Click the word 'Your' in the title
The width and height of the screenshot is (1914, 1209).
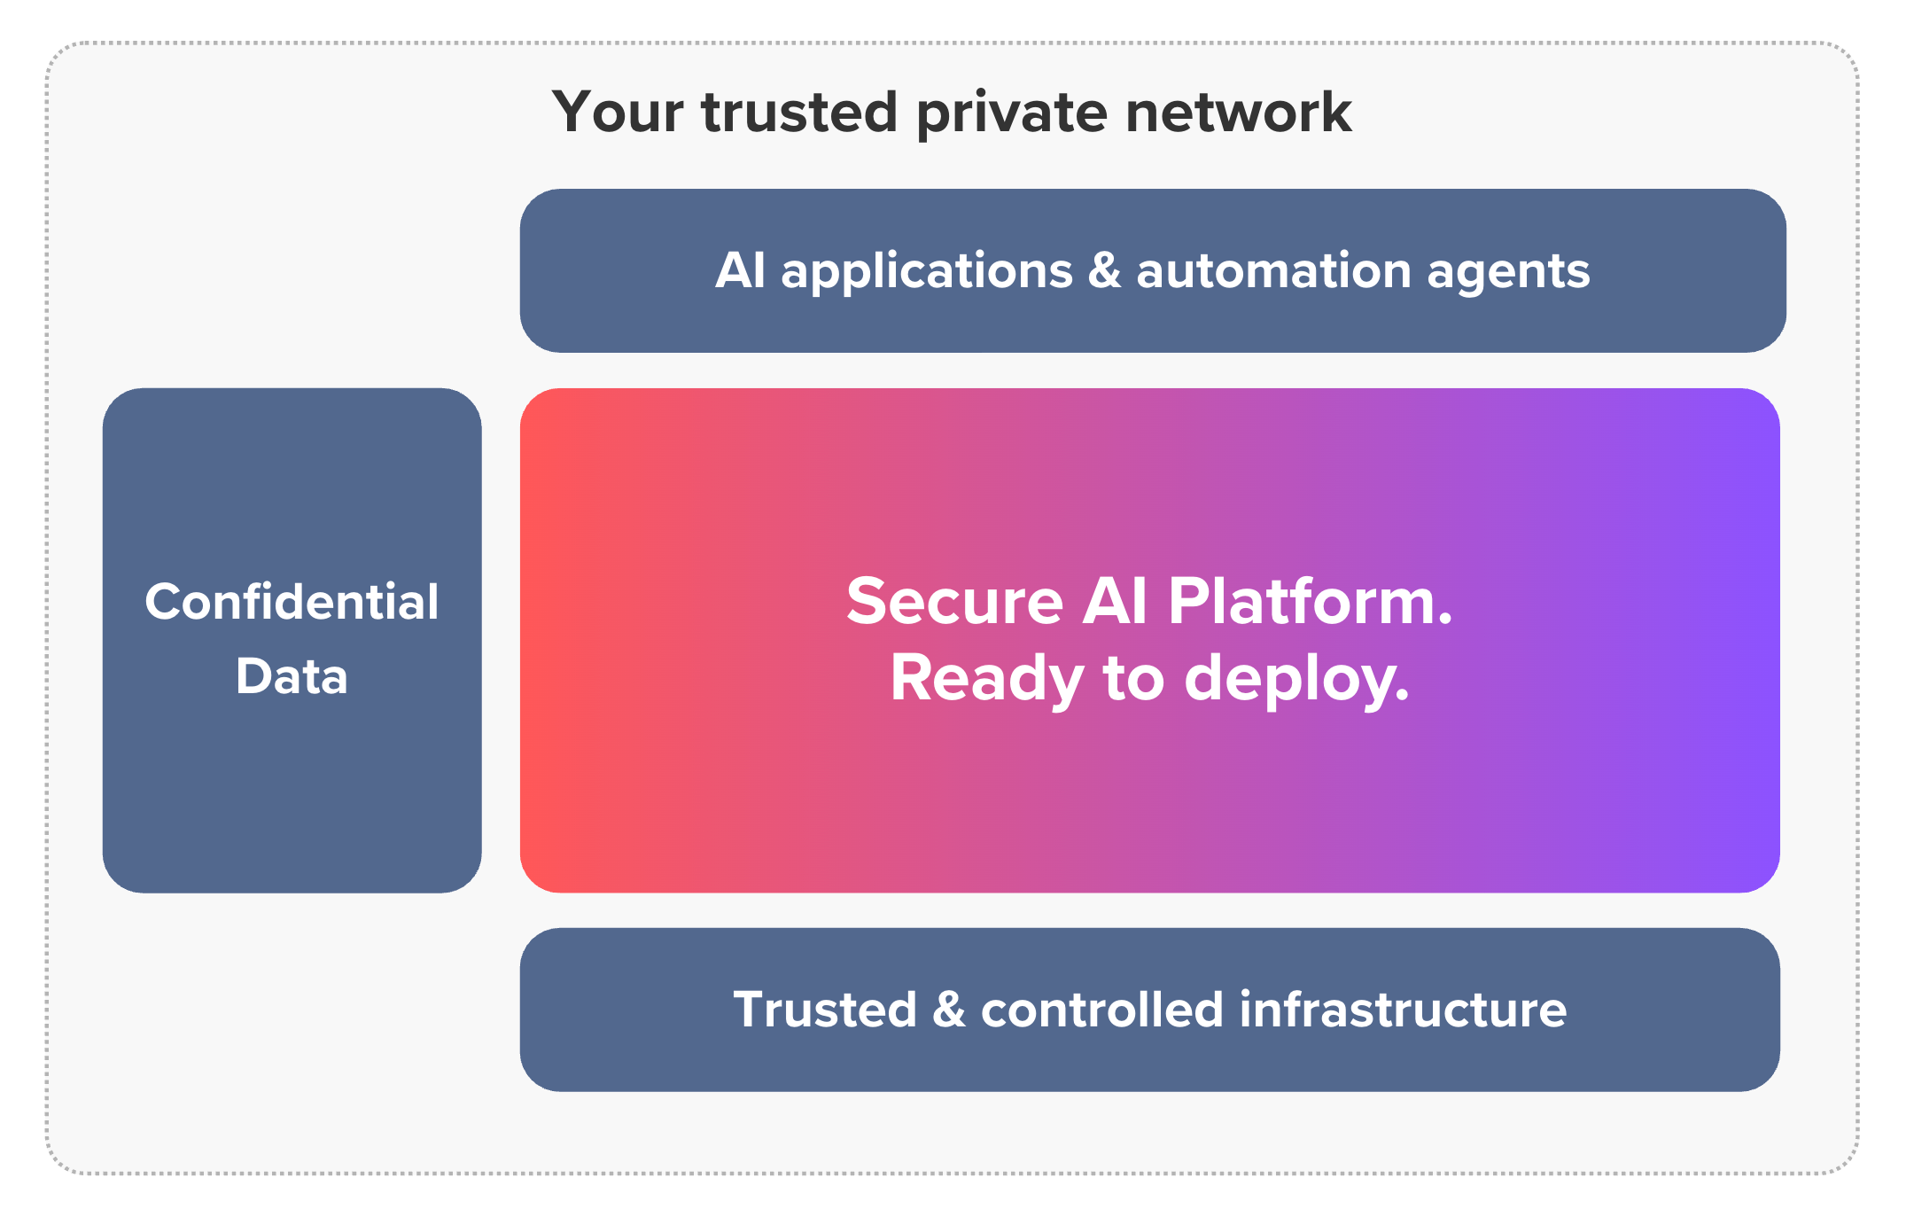coord(618,113)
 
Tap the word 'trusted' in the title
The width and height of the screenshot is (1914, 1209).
coord(799,113)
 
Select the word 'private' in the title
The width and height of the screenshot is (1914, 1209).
coord(1011,114)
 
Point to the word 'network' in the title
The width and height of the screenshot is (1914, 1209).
coord(1238,113)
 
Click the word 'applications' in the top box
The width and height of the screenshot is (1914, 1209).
coord(927,271)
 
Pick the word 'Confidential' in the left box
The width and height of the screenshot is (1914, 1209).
coord(292,602)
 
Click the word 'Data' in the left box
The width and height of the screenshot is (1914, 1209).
coord(292,676)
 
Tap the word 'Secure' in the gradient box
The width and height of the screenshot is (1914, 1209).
coord(954,602)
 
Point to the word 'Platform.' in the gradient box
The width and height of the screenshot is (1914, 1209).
coord(1310,602)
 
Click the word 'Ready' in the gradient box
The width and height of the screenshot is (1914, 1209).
coord(986,680)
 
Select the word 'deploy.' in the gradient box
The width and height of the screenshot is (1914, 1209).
coord(1296,680)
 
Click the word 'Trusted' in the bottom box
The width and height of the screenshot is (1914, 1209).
coord(824,1010)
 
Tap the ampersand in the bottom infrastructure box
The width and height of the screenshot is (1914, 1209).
coord(948,1010)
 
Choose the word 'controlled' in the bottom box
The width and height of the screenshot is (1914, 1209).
coord(1101,1010)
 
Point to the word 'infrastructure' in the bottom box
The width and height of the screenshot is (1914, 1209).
coord(1403,1010)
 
